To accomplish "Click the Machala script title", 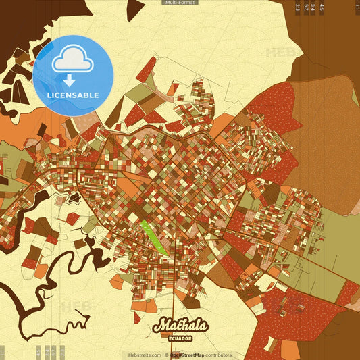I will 180,326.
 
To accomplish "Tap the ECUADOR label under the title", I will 180,338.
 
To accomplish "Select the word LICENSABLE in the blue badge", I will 73,95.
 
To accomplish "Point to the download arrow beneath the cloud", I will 70,80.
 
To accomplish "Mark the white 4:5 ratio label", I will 322,7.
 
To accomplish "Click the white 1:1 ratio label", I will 357,7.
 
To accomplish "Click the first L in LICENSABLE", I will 50,95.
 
